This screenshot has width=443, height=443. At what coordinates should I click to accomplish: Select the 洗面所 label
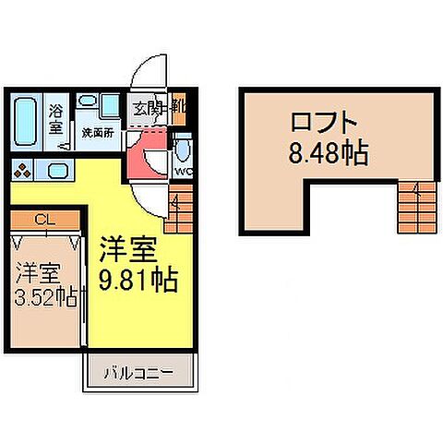click(x=97, y=133)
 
